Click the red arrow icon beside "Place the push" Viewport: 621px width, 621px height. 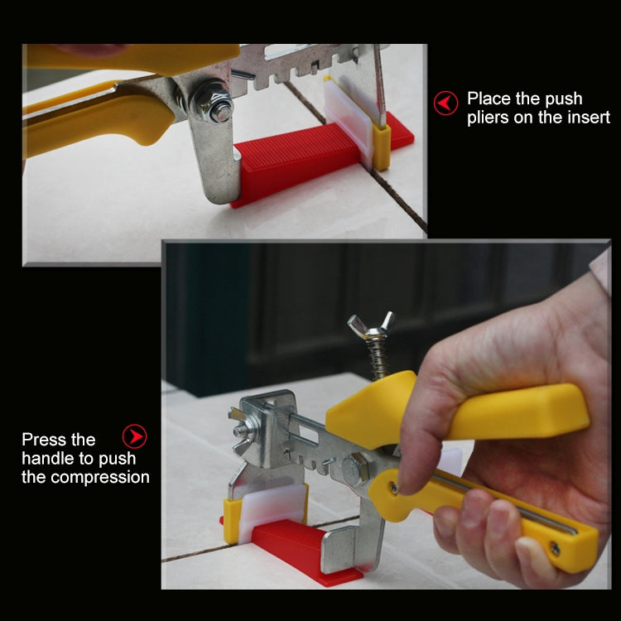point(445,103)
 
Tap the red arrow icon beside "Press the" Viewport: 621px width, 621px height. point(134,436)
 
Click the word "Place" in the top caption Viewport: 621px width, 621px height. point(488,99)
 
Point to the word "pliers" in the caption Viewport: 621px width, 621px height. point(489,118)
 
